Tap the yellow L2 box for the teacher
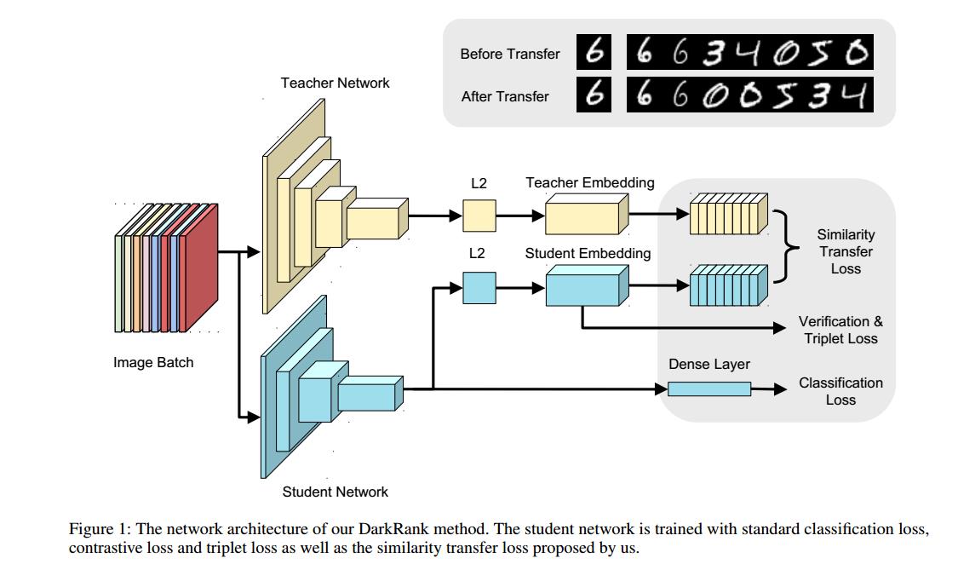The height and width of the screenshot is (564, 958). pos(479,216)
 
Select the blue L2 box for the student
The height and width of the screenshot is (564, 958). pos(479,287)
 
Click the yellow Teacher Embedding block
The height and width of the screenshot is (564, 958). pos(585,215)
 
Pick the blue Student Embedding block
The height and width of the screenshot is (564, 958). pos(585,286)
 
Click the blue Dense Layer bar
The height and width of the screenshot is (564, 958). pos(708,389)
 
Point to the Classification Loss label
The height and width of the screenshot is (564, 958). pos(840,391)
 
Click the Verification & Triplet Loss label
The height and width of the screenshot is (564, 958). pos(840,330)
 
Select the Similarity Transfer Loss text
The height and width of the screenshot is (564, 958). pos(845,251)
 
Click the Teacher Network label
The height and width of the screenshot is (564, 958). pos(335,83)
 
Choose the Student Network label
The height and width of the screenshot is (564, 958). pos(335,492)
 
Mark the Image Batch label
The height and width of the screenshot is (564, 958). pos(153,362)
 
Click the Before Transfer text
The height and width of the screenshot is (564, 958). pos(509,54)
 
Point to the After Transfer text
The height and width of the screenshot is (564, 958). pos(504,96)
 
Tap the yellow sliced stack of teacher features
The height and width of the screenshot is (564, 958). pos(727,214)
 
